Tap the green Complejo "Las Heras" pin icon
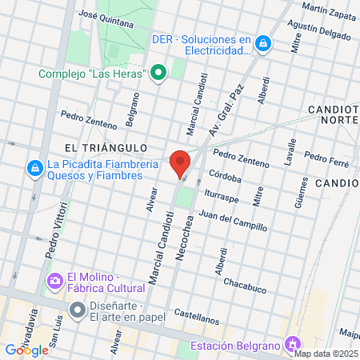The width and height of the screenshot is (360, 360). click(x=158, y=74)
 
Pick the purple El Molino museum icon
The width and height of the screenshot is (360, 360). click(x=54, y=282)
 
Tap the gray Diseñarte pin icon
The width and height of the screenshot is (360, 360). click(x=77, y=309)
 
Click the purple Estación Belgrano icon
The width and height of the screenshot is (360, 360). click(x=293, y=346)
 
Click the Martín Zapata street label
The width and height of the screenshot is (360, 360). click(x=326, y=10)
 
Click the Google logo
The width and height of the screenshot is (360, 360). click(x=26, y=350)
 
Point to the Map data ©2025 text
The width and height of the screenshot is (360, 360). click(x=326, y=354)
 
